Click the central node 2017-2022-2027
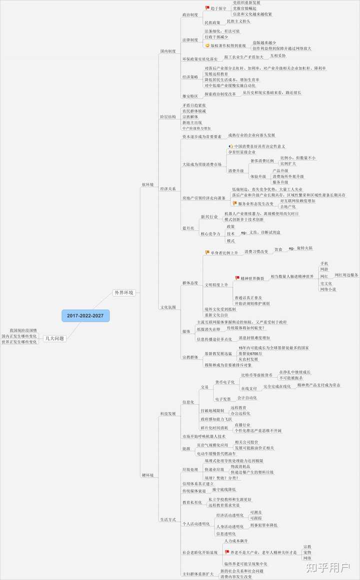(85, 315)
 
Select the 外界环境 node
(124, 292)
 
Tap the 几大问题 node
(54, 338)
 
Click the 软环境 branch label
(148, 185)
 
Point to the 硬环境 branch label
(148, 474)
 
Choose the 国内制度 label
(167, 51)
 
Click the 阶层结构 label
(167, 116)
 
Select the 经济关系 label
(167, 189)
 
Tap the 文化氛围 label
(167, 307)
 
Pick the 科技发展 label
(167, 414)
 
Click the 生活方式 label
(167, 520)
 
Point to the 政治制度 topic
(190, 15)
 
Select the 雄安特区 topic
(190, 95)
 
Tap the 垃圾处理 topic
(190, 469)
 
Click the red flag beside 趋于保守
(207, 8)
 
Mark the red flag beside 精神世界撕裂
(237, 278)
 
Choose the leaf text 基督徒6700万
(250, 353)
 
